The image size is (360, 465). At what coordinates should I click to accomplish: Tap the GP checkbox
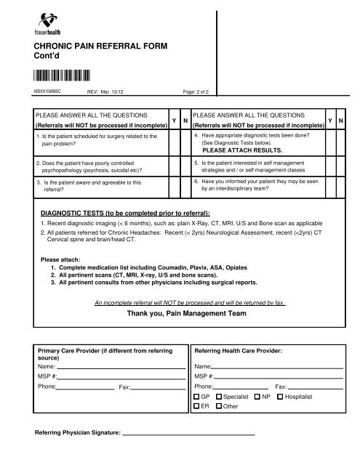pos(197,398)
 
